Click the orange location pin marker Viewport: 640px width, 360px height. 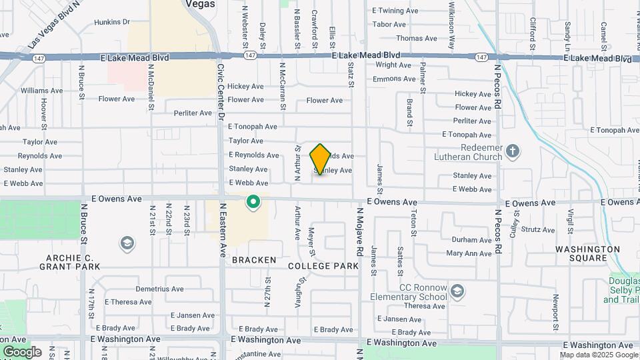point(320,159)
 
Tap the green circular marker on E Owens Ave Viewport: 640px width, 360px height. point(253,201)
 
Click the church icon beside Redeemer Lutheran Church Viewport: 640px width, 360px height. point(512,151)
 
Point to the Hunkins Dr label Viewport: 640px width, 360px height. point(112,22)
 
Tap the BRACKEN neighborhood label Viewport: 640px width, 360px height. point(254,260)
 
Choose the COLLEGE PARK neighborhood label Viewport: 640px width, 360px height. point(323,266)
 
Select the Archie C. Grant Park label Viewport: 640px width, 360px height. point(73,262)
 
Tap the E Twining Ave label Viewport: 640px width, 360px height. point(395,11)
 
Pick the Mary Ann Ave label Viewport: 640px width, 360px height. point(469,253)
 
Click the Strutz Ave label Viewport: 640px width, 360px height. point(538,229)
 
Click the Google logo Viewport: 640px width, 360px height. point(22,352)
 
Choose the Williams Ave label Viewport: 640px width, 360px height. point(41,90)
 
